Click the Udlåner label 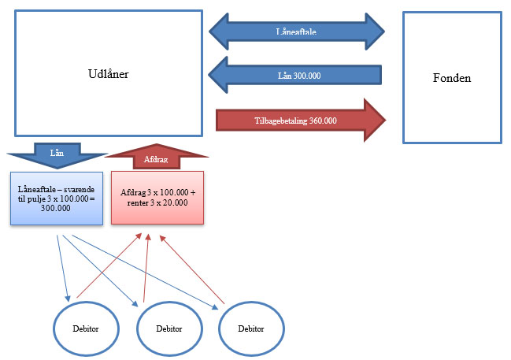pyautogui.click(x=109, y=74)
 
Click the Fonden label pyautogui.click(x=452, y=78)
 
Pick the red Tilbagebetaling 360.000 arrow pyautogui.click(x=299, y=121)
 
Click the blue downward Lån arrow pyautogui.click(x=56, y=153)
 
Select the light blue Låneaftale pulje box pyautogui.click(x=56, y=198)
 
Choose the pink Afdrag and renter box pyautogui.click(x=157, y=197)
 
